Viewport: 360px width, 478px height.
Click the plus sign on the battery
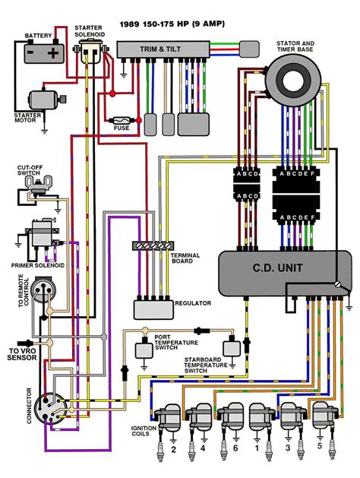(x=53, y=54)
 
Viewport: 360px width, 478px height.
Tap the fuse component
(x=122, y=120)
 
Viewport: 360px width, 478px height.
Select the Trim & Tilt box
(x=163, y=49)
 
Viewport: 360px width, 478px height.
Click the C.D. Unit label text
(x=277, y=268)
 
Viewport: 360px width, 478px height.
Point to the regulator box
(x=154, y=310)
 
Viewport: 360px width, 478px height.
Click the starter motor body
(x=45, y=100)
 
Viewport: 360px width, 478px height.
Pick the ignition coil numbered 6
(x=231, y=416)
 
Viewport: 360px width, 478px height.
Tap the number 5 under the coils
(x=319, y=445)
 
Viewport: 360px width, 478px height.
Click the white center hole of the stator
(x=293, y=81)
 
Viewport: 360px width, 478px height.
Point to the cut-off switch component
(x=38, y=184)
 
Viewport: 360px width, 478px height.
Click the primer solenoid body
(x=42, y=233)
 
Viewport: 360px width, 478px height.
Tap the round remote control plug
(x=43, y=290)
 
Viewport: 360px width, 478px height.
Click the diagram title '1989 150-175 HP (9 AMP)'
(x=172, y=24)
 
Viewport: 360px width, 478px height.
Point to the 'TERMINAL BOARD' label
(x=185, y=258)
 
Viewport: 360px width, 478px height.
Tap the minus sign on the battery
(x=30, y=52)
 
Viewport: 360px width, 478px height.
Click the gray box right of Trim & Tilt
(x=249, y=49)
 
